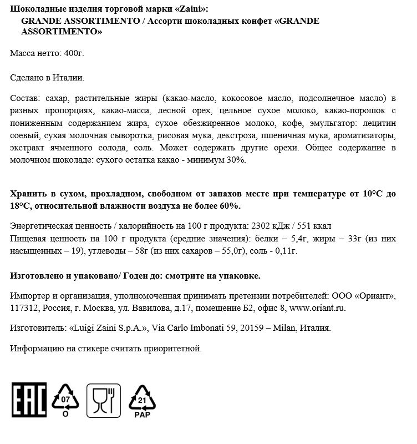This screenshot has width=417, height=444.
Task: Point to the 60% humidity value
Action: pyautogui.click(x=230, y=206)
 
